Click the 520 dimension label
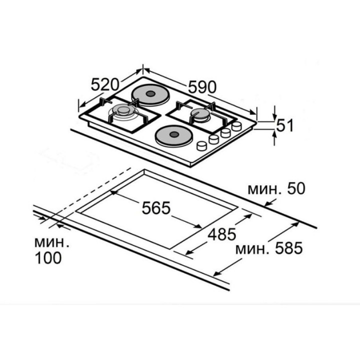pos(105,84)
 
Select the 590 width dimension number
pos(202,87)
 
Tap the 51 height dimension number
pos(285,125)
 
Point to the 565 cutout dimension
pos(156,208)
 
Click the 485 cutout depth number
pos(222,234)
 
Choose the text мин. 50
pos(276,188)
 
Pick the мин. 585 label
pos(269,248)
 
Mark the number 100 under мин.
pos(48,258)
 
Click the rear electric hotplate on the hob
pos(151,94)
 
